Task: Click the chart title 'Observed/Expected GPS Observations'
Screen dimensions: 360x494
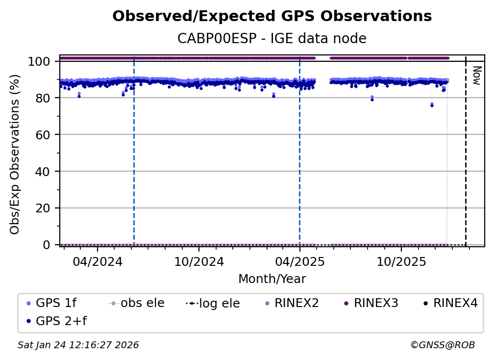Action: tap(272, 17)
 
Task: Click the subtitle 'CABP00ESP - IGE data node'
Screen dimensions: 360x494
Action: tap(272, 38)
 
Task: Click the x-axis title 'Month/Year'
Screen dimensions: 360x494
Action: tap(272, 279)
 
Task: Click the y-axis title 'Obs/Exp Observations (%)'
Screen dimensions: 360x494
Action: tap(15, 154)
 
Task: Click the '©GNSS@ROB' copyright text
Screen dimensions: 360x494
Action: tap(442, 345)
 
